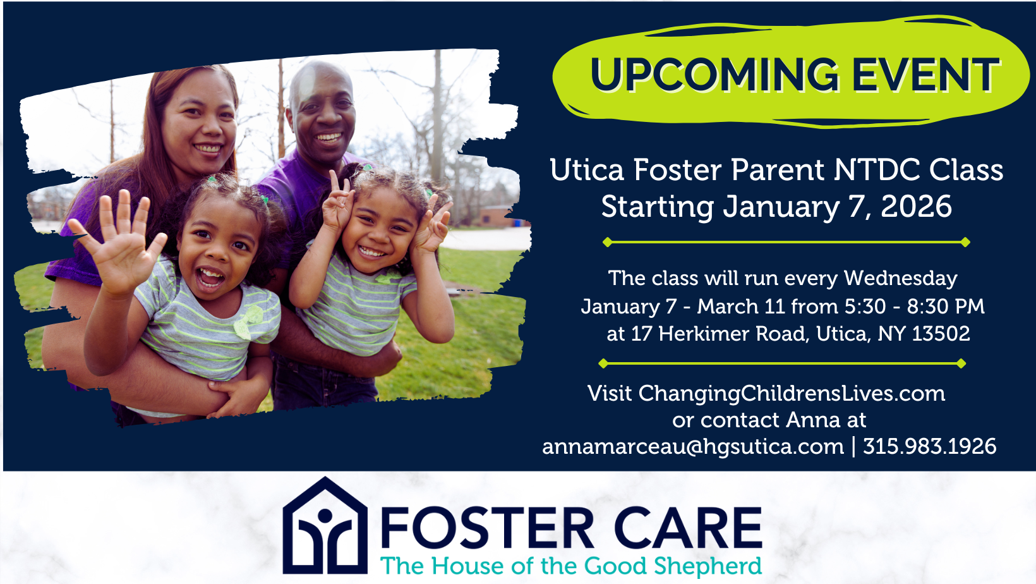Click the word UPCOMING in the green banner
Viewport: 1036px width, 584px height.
714,75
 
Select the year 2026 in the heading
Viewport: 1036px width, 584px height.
916,207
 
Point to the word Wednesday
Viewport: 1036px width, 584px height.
900,279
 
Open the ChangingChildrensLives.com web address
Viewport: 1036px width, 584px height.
792,394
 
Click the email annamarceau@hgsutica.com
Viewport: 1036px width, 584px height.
693,447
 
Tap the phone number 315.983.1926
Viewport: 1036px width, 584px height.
930,447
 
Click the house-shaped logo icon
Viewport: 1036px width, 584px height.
325,526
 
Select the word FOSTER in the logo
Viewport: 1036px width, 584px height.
487,528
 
